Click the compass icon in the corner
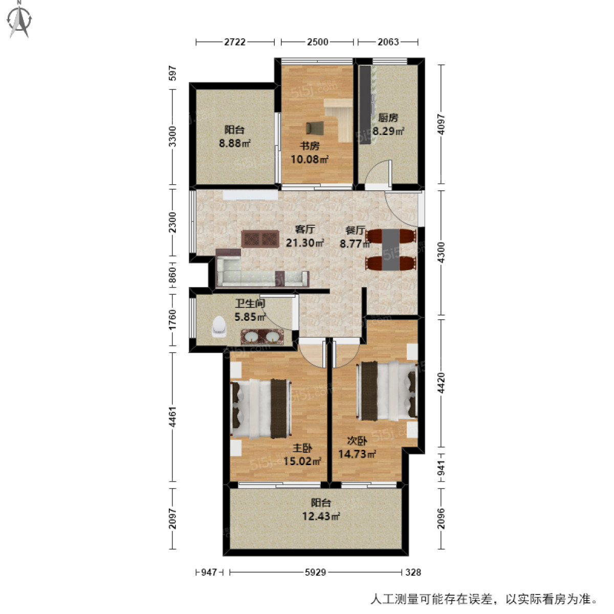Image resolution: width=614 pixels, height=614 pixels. [x=20, y=20]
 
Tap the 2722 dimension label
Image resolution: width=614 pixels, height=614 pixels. [x=235, y=42]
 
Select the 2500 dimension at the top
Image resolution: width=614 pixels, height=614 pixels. [x=317, y=42]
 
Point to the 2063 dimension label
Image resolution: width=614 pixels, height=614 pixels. [x=388, y=42]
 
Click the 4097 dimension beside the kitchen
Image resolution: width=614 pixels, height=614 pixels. [x=441, y=124]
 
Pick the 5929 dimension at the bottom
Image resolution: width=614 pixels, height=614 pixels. [x=315, y=572]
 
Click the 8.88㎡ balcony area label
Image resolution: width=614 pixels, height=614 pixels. [x=235, y=143]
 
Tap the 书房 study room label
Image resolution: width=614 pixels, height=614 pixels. [x=310, y=146]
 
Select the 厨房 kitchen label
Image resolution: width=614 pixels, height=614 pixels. [x=388, y=118]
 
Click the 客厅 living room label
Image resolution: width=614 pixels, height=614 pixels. [x=304, y=230]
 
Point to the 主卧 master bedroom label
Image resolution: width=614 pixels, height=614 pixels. [x=302, y=448]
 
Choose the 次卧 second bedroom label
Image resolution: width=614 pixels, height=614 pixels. [x=357, y=441]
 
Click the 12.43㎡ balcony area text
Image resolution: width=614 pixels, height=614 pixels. [x=321, y=516]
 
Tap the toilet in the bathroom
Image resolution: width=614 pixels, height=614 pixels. [x=219, y=327]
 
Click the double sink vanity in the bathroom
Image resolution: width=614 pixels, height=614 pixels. [x=261, y=337]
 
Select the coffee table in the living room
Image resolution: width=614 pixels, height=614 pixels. [x=260, y=239]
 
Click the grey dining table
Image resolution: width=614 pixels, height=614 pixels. [x=392, y=249]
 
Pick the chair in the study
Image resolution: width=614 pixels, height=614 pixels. [x=316, y=128]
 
